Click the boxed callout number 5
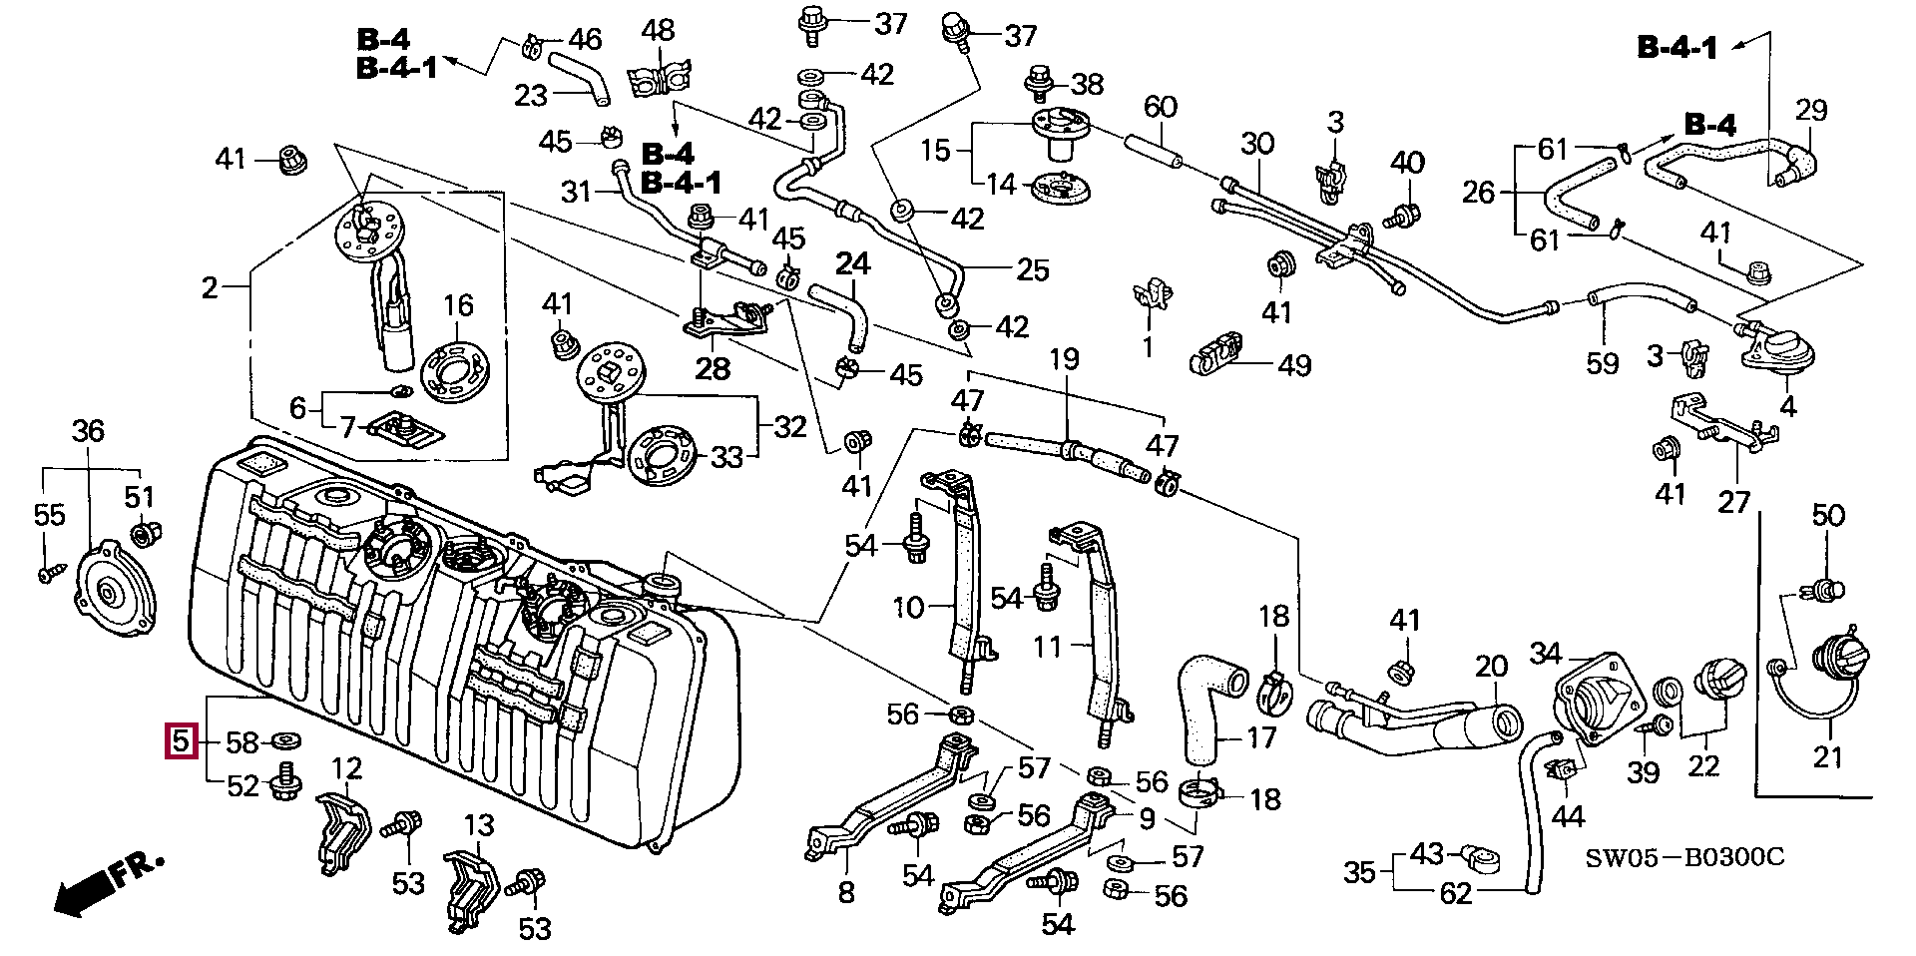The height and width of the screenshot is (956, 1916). [x=181, y=740]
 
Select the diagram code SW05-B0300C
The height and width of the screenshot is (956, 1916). [x=1684, y=857]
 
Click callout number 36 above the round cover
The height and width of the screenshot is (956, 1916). [x=88, y=431]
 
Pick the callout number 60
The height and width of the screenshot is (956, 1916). [x=1160, y=107]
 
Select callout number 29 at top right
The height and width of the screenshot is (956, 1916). [x=1810, y=110]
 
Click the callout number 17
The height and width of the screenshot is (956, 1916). [x=1261, y=737]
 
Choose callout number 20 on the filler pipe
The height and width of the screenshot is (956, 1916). [x=1491, y=666]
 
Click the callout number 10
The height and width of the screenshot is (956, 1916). [x=908, y=607]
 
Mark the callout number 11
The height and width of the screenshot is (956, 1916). [x=1047, y=647]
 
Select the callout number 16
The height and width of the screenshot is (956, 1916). [x=458, y=305]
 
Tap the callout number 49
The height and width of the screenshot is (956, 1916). [x=1294, y=365]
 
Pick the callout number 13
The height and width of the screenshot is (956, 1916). [x=479, y=825]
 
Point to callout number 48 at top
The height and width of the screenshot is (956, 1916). [x=658, y=30]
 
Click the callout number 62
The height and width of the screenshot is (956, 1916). [x=1456, y=892]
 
